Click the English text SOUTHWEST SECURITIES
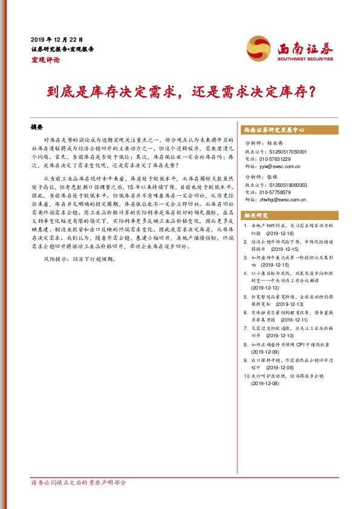(305, 59)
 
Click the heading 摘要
(37, 128)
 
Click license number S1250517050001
(286, 151)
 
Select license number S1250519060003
(286, 185)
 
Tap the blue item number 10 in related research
(245, 375)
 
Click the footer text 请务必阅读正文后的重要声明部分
(78, 482)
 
